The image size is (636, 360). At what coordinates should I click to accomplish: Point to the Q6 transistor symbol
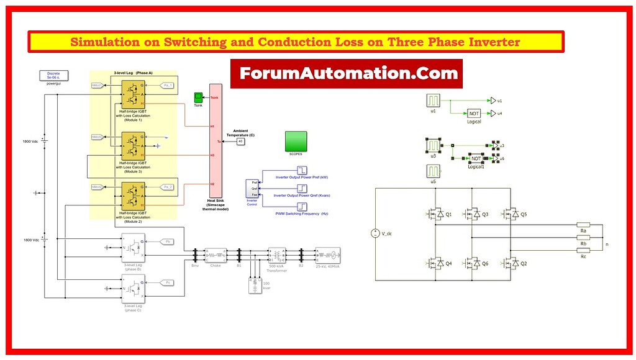coord(474,263)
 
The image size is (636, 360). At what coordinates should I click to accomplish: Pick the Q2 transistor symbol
coord(511,263)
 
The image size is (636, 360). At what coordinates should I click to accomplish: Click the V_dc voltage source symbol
coord(376,233)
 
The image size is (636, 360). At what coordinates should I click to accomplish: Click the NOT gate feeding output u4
coord(474,114)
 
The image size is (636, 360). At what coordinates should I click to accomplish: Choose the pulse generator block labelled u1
coord(434,101)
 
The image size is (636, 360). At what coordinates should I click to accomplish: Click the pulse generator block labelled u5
coord(434,171)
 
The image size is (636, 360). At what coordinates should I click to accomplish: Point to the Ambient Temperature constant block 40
coord(240,142)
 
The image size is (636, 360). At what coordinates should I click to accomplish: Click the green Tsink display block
coord(198,97)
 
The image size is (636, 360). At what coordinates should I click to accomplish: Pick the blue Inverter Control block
coord(252,189)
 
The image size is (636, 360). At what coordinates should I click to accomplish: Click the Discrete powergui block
coord(53,76)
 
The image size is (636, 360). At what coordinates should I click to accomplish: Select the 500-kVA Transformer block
coord(275,255)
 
